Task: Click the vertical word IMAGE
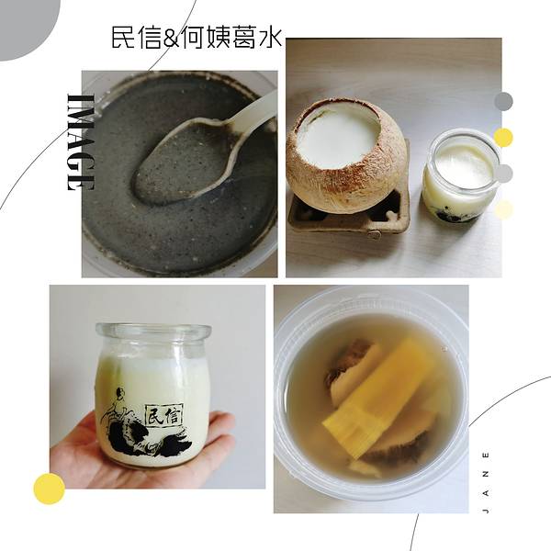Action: point(81,142)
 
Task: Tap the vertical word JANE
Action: point(486,482)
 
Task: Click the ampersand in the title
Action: point(170,39)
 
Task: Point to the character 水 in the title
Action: point(270,38)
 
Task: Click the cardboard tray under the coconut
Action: point(349,212)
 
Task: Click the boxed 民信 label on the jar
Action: point(163,414)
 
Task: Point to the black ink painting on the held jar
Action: point(147,428)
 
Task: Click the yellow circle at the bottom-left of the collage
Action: point(50,489)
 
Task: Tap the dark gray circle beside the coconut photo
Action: point(503,102)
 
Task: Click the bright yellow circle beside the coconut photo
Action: point(503,138)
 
